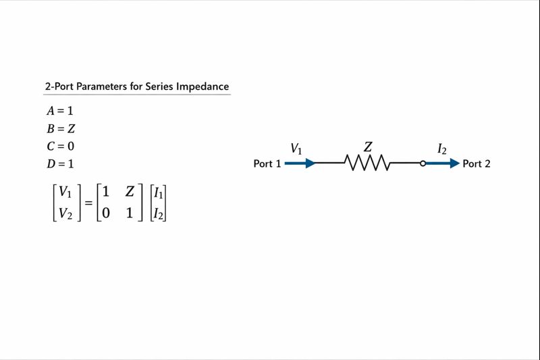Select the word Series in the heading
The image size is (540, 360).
tap(159, 86)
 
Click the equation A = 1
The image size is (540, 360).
tap(60, 111)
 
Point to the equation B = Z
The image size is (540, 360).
tap(61, 128)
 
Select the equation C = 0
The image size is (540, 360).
tap(61, 146)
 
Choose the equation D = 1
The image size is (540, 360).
tap(61, 163)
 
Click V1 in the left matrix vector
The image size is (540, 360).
tap(65, 192)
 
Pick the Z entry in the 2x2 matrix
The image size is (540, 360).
tap(130, 192)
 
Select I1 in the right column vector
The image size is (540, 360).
tap(159, 192)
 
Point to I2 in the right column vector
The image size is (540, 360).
tap(159, 213)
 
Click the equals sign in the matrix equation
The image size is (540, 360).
tap(88, 203)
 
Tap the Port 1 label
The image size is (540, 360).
tap(267, 163)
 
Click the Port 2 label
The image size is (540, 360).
tap(477, 163)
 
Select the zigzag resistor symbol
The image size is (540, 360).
tap(368, 163)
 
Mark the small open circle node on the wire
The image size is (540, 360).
tap(423, 163)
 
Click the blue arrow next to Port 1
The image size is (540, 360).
tap(300, 163)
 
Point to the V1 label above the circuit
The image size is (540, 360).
tap(296, 148)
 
